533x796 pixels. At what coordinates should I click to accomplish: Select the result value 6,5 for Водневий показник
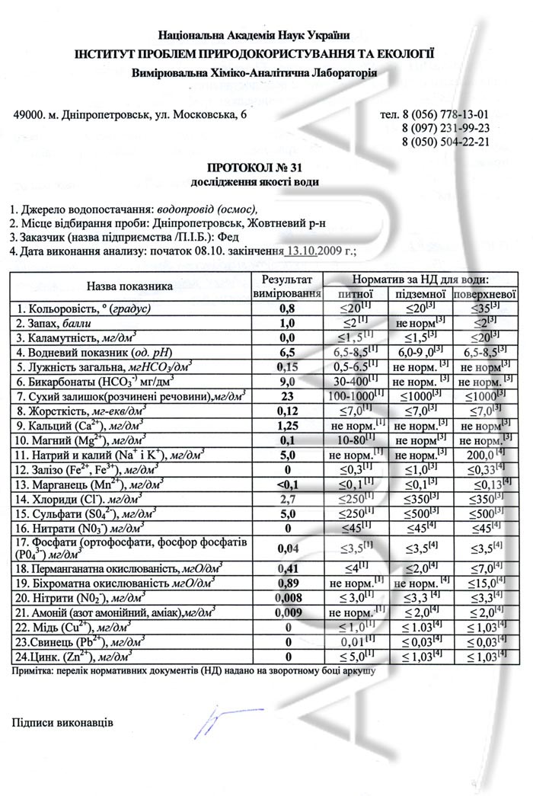click(x=286, y=353)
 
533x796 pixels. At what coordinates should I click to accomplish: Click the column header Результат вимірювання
click(x=287, y=286)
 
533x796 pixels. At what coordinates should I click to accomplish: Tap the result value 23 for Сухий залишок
click(x=286, y=396)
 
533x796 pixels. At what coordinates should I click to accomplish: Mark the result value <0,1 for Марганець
click(x=286, y=483)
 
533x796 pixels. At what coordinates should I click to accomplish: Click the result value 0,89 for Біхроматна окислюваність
click(x=286, y=583)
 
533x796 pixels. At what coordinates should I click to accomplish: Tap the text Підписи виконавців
click(x=62, y=721)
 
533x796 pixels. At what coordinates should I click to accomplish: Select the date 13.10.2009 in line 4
click(x=318, y=250)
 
